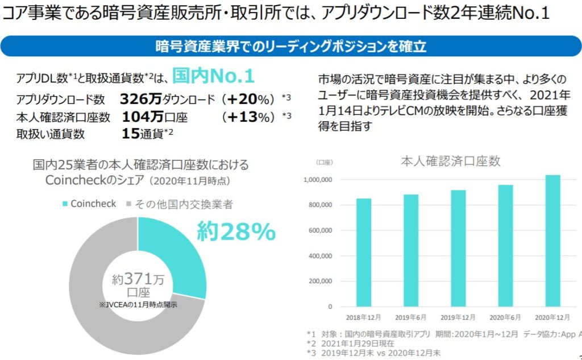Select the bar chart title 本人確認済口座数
pyautogui.click(x=450, y=161)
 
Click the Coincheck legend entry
pyautogui.click(x=91, y=204)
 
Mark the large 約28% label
pyautogui.click(x=236, y=231)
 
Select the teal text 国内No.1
pyautogui.click(x=213, y=77)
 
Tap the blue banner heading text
pyautogui.click(x=291, y=46)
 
